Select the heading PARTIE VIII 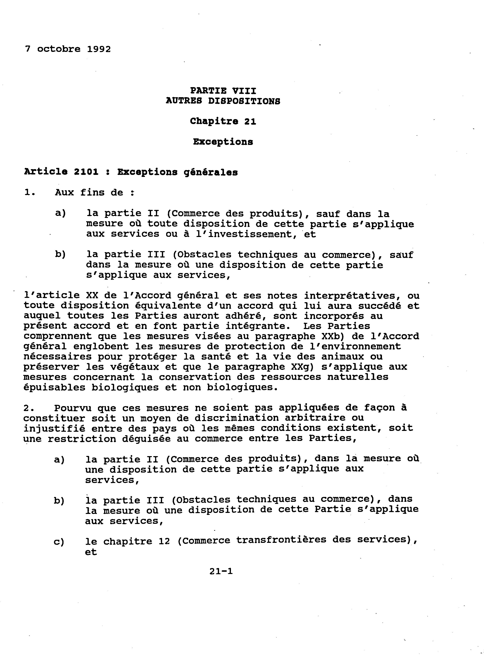point(223,91)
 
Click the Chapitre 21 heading point(223,121)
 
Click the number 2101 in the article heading point(86,172)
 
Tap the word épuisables point(55,387)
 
